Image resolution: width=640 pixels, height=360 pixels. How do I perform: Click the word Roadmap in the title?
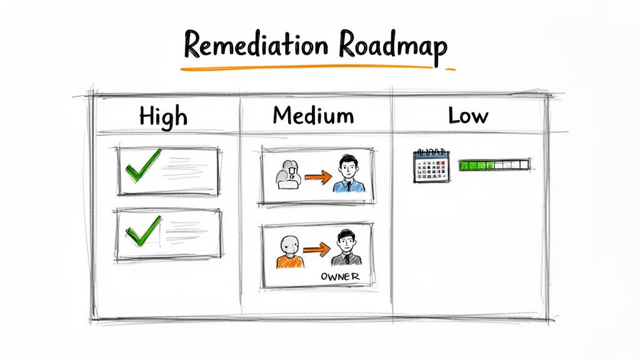tap(393, 46)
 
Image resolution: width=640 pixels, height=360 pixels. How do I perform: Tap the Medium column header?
tap(312, 115)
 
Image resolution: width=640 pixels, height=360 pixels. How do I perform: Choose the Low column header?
tap(467, 115)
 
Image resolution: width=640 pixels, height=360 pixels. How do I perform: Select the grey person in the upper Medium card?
tap(287, 174)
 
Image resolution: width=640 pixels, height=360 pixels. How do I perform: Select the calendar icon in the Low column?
tap(431, 166)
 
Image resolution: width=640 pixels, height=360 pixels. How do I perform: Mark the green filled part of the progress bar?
tap(476, 166)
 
